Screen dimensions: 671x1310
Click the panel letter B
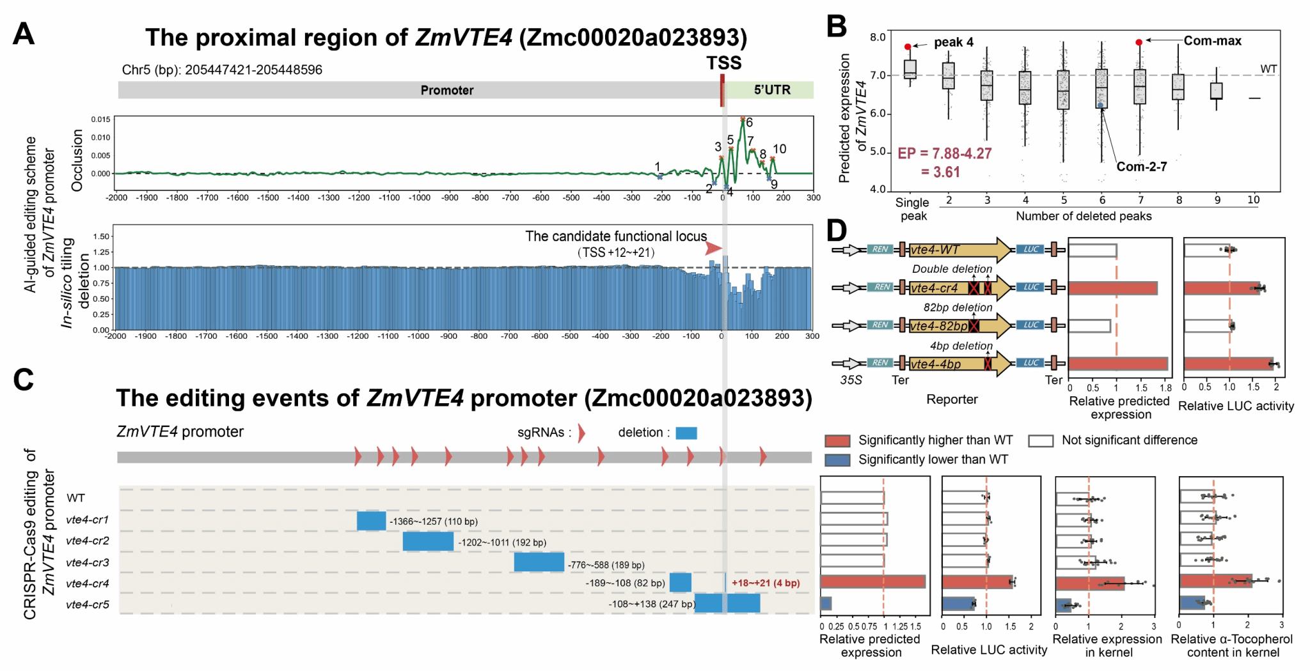(836, 27)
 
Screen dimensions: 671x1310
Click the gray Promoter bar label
(446, 90)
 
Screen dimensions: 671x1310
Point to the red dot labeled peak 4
(908, 47)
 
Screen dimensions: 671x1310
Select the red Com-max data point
(1139, 42)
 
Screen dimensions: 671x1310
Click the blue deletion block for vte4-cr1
(371, 521)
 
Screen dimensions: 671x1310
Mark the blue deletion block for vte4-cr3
(539, 562)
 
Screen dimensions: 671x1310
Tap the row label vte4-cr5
(88, 605)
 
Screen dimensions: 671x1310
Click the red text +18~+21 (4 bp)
(766, 583)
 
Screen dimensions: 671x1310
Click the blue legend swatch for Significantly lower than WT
(837, 459)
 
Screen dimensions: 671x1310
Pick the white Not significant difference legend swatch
(1041, 440)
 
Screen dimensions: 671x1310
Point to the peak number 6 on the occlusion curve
(749, 122)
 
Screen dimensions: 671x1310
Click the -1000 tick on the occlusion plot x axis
(420, 197)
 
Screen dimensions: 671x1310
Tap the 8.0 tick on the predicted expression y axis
(878, 37)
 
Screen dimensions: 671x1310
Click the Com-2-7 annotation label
(1142, 167)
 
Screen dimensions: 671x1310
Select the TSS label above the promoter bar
(723, 63)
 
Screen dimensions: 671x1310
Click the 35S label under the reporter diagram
(851, 380)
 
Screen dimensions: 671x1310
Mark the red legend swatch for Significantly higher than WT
(837, 440)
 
